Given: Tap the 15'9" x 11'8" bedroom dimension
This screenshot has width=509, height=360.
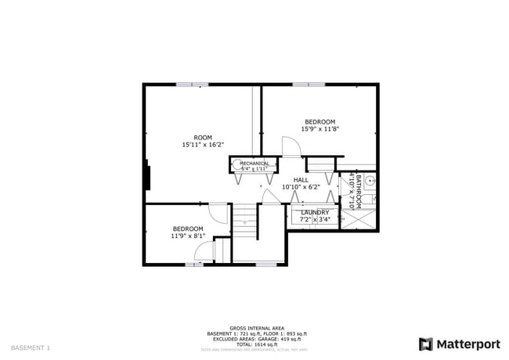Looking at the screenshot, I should pyautogui.click(x=319, y=129).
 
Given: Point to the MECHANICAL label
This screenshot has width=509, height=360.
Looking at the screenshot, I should pyautogui.click(x=254, y=164).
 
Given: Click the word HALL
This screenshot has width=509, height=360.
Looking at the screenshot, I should pyautogui.click(x=301, y=180).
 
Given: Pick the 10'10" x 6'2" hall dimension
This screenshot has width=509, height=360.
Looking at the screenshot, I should pyautogui.click(x=301, y=187).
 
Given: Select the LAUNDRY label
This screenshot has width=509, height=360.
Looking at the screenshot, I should pyautogui.click(x=315, y=212).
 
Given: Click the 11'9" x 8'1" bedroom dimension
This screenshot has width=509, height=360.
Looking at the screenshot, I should pyautogui.click(x=188, y=236).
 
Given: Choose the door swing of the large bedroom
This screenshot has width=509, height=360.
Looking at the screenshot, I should pyautogui.click(x=291, y=148).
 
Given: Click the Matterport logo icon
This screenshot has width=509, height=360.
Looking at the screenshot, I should pyautogui.click(x=425, y=344).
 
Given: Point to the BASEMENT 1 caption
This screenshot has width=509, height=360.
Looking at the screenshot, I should pyautogui.click(x=31, y=347).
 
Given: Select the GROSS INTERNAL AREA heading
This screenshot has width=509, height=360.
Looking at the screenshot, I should pyautogui.click(x=256, y=328).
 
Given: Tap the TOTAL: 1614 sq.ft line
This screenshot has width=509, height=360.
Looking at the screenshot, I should pyautogui.click(x=256, y=344).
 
